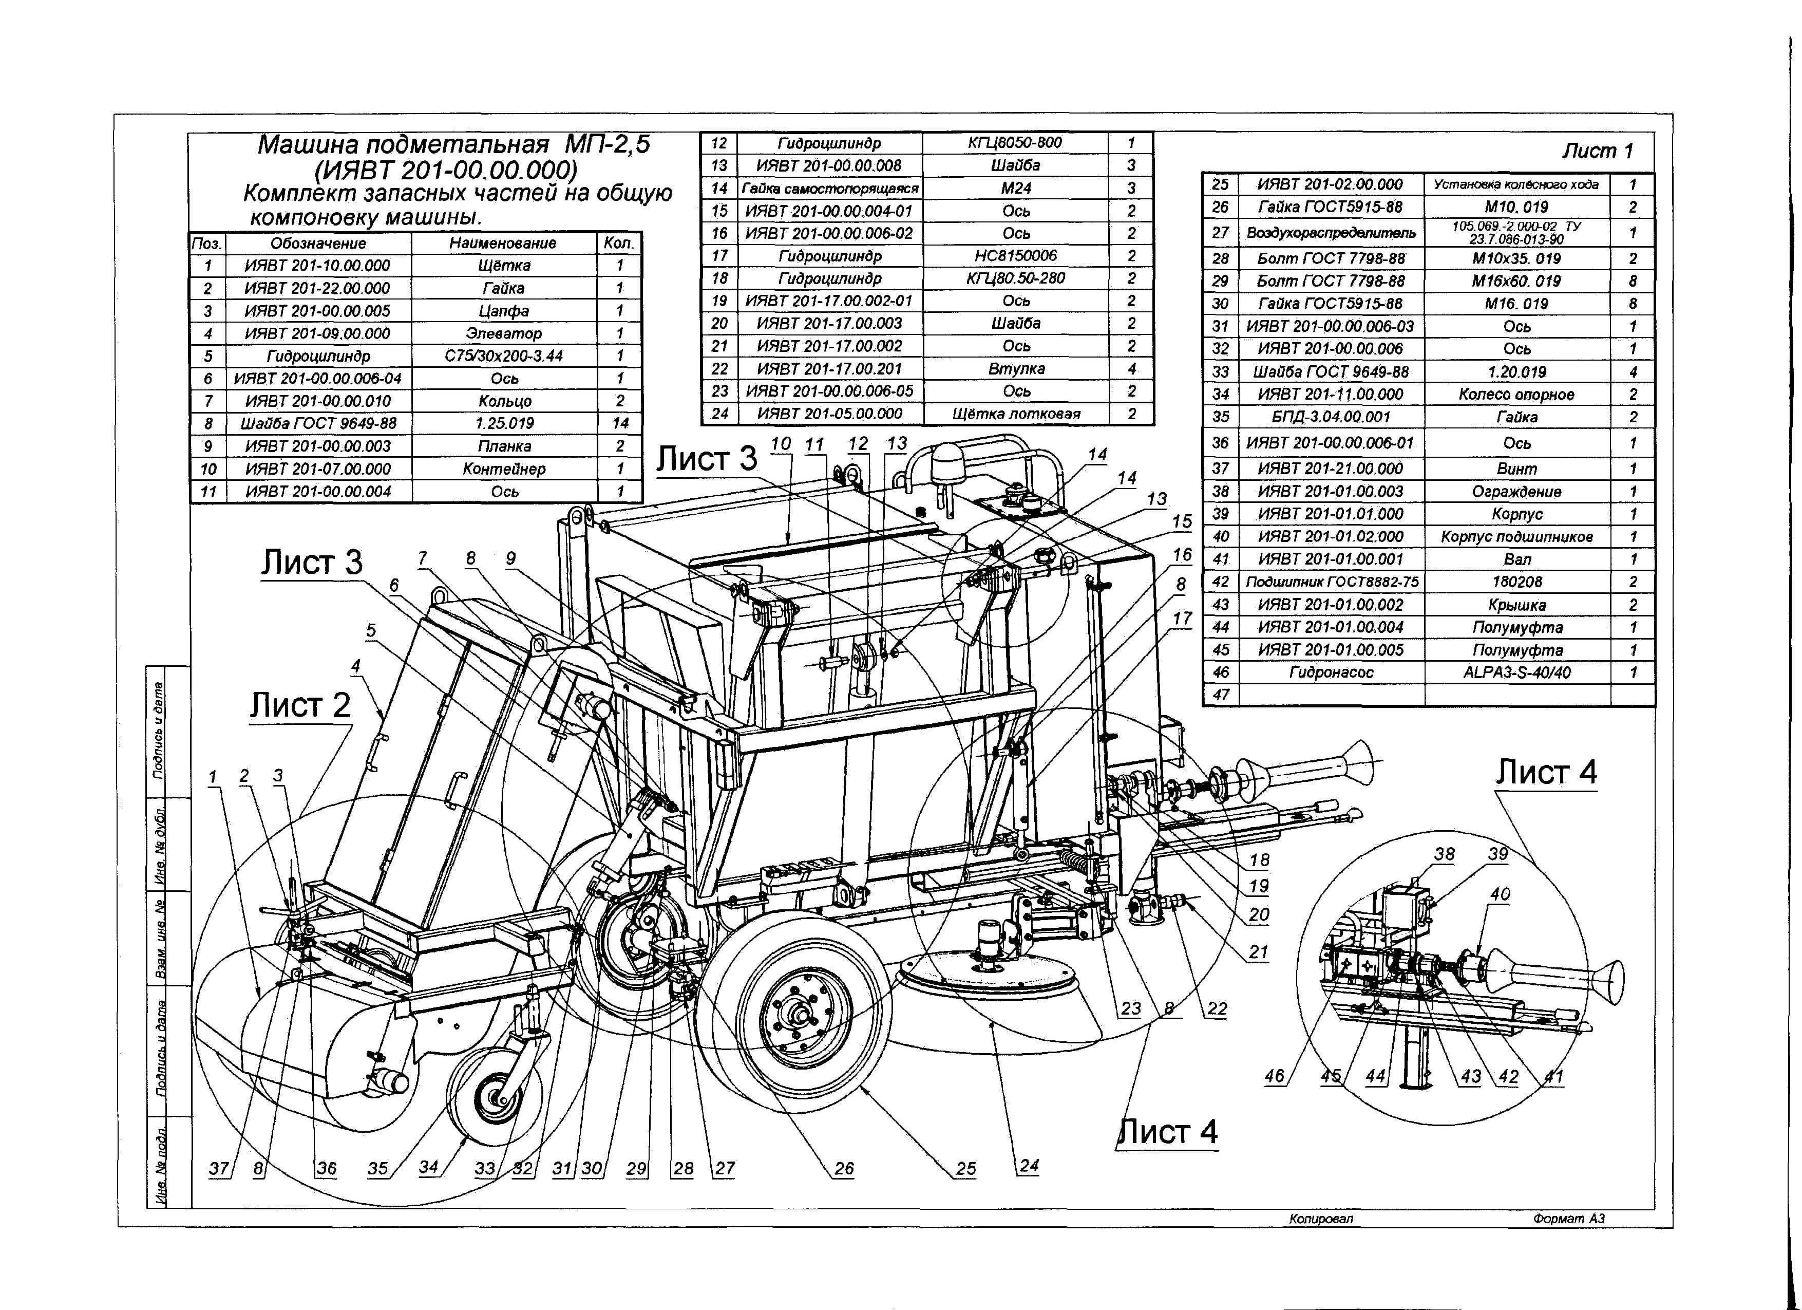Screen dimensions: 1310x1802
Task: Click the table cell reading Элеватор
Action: click(x=504, y=333)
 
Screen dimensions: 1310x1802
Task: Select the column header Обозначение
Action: click(x=318, y=243)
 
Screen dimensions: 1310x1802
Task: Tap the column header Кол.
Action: click(x=619, y=243)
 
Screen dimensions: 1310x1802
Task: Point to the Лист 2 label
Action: click(x=299, y=705)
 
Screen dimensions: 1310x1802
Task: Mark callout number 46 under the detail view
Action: click(x=1273, y=1076)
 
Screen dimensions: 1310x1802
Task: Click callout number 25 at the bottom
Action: click(x=965, y=1169)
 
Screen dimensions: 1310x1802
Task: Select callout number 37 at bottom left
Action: click(x=218, y=1169)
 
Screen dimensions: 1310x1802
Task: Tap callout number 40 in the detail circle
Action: click(x=1500, y=894)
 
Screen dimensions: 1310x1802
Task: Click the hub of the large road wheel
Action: click(x=799, y=1015)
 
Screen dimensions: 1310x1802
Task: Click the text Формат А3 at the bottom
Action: click(x=1569, y=1219)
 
